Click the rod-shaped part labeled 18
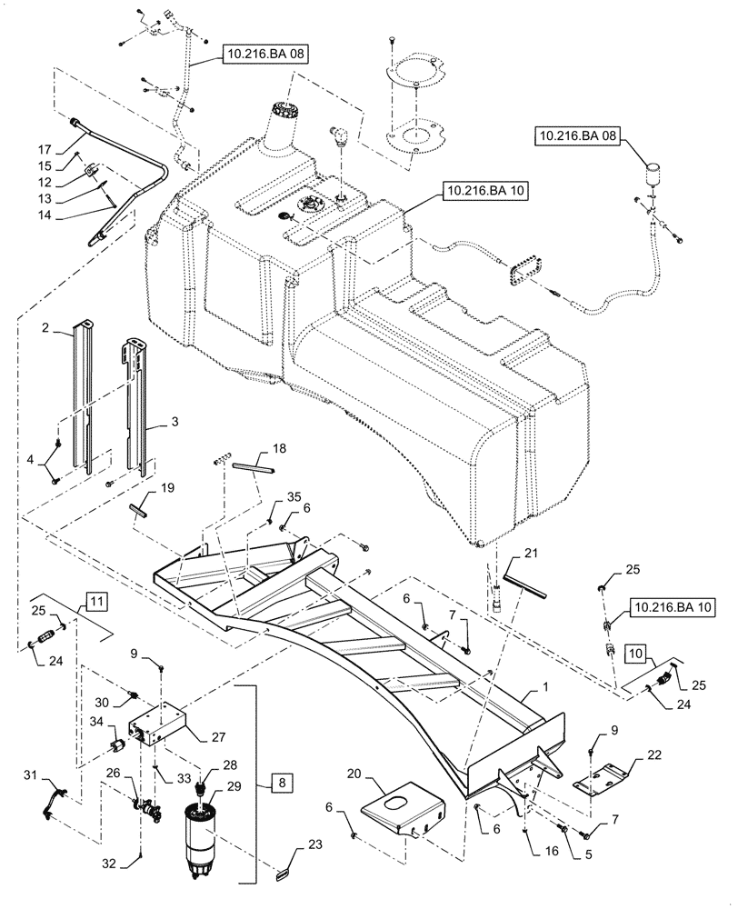252,468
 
